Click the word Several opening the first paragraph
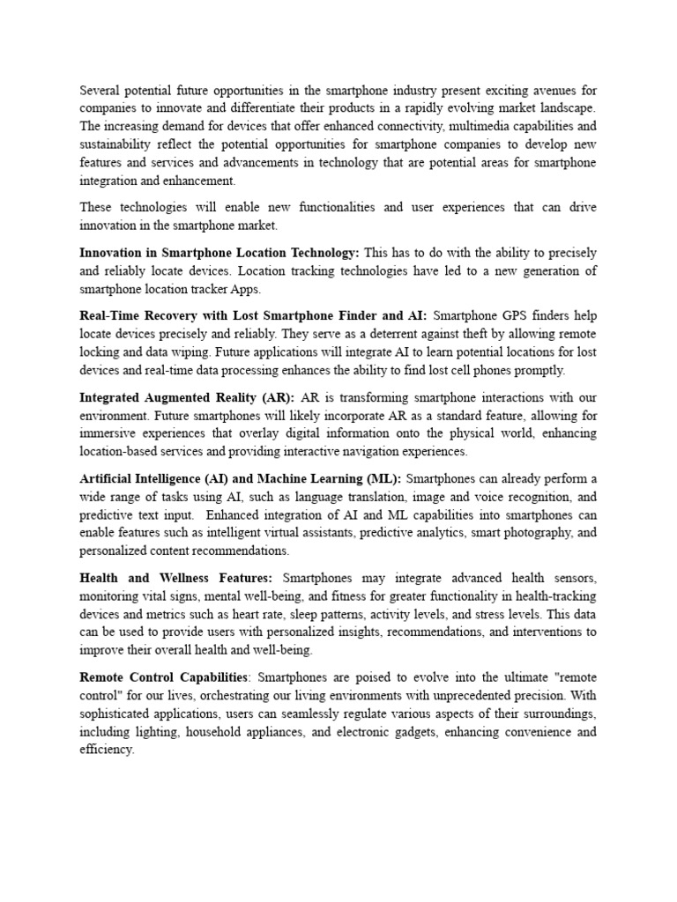coord(100,89)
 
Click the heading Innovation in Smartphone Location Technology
coord(219,252)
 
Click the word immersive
coord(108,433)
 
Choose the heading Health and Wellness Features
coord(175,578)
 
